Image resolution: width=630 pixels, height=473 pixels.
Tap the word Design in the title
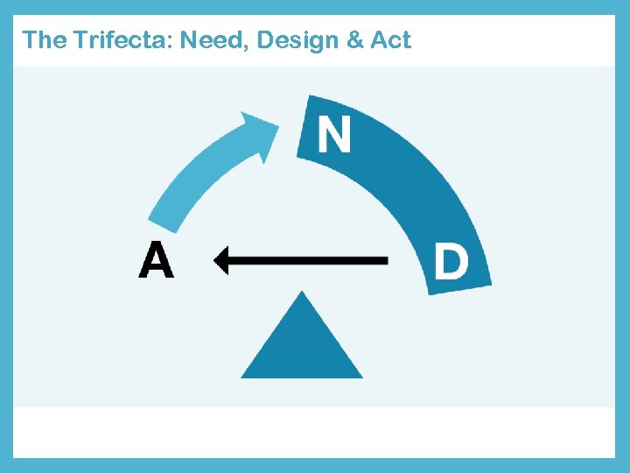pyautogui.click(x=299, y=39)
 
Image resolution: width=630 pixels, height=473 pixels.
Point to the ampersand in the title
pyautogui.click(x=357, y=39)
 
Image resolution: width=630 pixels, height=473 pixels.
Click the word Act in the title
pyautogui.click(x=390, y=39)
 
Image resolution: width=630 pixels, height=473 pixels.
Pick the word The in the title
pyautogui.click(x=40, y=39)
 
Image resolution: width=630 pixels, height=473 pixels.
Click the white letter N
pyautogui.click(x=333, y=135)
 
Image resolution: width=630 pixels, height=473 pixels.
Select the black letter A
pyautogui.click(x=156, y=260)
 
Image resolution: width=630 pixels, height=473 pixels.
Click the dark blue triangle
pyautogui.click(x=302, y=346)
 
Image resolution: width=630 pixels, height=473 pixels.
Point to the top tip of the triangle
pyautogui.click(x=302, y=293)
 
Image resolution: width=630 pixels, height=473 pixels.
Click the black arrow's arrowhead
pyautogui.click(x=221, y=260)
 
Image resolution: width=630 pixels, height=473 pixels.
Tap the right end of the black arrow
pyautogui.click(x=386, y=260)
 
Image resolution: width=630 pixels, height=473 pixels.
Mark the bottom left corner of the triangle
pyautogui.click(x=243, y=376)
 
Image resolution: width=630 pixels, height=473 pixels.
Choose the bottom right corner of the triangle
pyautogui.click(x=360, y=376)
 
